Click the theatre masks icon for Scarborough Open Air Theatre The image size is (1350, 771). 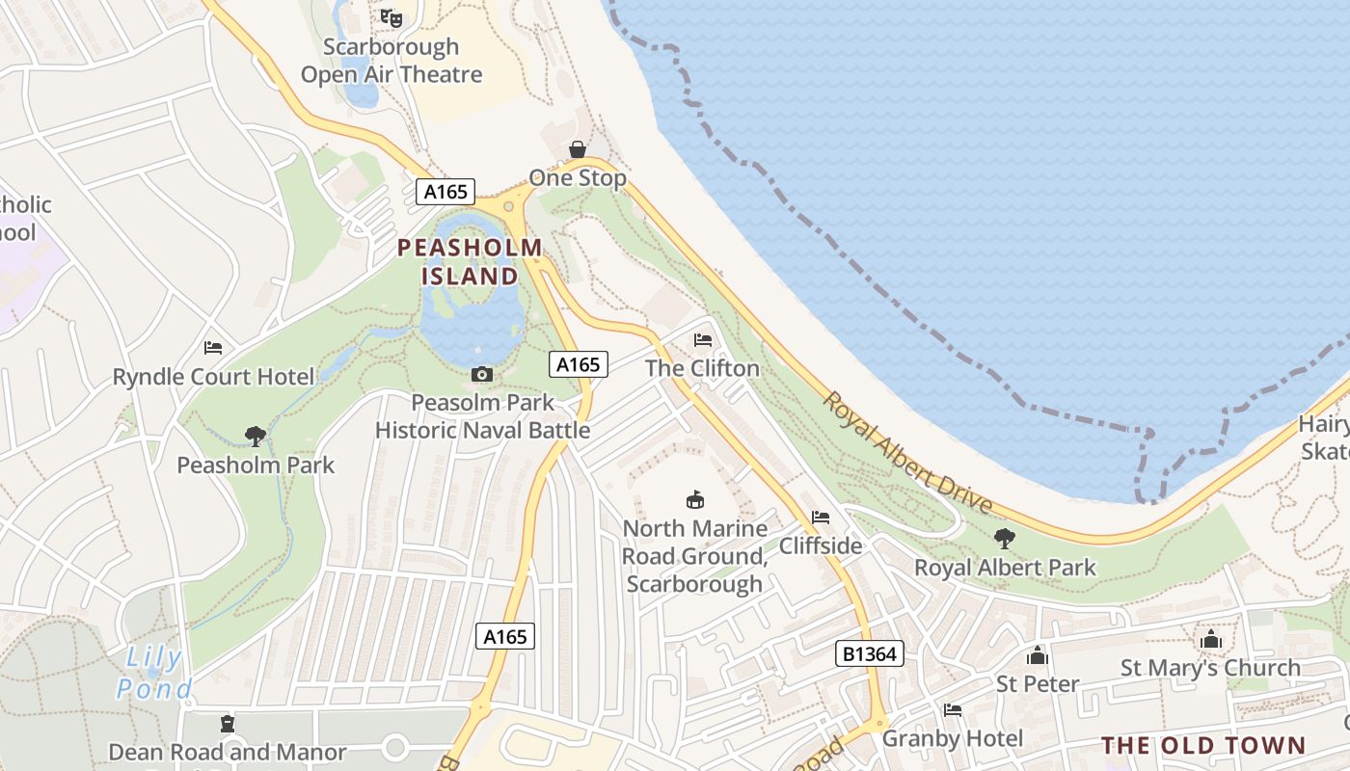pyautogui.click(x=391, y=17)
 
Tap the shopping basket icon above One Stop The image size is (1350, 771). pyautogui.click(x=577, y=149)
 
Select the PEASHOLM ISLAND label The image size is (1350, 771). pyautogui.click(x=471, y=262)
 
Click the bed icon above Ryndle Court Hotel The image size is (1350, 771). pyautogui.click(x=213, y=348)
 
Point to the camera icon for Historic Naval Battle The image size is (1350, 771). pyautogui.click(x=482, y=374)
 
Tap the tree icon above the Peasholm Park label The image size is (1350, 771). pyautogui.click(x=256, y=437)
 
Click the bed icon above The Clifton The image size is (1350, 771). pyautogui.click(x=703, y=340)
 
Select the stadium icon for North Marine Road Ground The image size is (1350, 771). pyautogui.click(x=694, y=499)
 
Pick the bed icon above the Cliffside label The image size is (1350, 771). pyautogui.click(x=821, y=518)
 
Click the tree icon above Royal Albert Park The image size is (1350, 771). pyautogui.click(x=1005, y=539)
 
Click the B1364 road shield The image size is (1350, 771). pyautogui.click(x=869, y=654)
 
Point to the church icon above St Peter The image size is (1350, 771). pyautogui.click(x=1038, y=655)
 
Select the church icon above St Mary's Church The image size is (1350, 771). pyautogui.click(x=1210, y=639)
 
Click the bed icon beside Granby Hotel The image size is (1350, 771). pyautogui.click(x=953, y=710)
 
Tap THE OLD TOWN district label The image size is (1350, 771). pyautogui.click(x=1203, y=745)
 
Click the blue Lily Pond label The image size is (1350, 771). pyautogui.click(x=154, y=674)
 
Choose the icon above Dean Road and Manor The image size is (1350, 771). pyautogui.click(x=228, y=723)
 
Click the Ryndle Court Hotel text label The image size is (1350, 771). pyautogui.click(x=214, y=377)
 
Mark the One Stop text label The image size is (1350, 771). pyautogui.click(x=577, y=178)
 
